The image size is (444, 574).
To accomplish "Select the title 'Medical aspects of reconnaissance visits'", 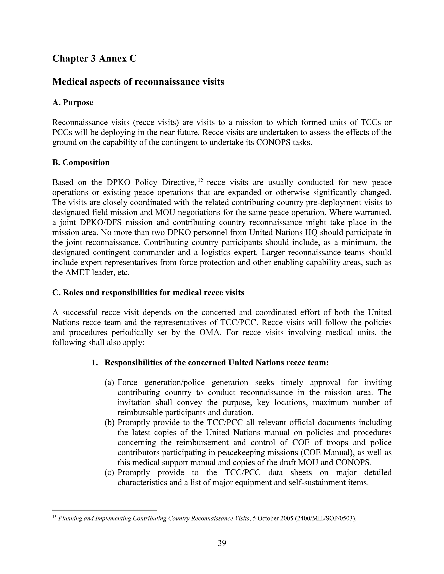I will point(138,82).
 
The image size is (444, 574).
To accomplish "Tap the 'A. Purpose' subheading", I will point(73,102).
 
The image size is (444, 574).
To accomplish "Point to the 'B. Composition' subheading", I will point(81,162).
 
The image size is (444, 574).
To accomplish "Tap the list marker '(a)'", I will point(109,383).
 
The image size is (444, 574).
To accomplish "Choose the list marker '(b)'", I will point(109,423).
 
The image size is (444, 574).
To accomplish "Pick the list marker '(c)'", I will point(109,473).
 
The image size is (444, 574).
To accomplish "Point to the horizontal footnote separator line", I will point(104,510).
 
